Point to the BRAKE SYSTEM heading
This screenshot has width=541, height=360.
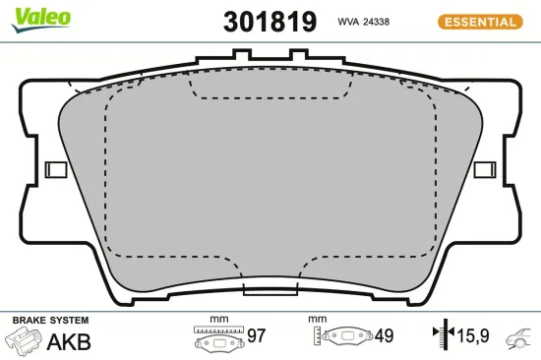50,321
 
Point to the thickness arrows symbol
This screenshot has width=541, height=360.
441,336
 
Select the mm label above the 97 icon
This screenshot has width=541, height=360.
218,320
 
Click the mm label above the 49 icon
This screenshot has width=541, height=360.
317,320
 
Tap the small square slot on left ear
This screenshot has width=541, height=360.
57,169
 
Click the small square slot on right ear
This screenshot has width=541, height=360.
484,169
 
